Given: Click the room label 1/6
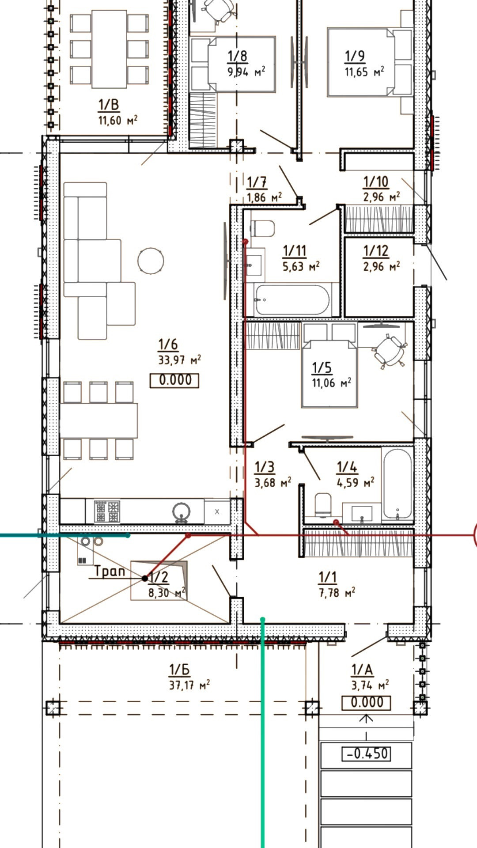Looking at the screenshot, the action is (168, 344).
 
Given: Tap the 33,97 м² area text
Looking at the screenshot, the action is (179, 360).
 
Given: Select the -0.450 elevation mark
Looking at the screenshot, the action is (366, 753).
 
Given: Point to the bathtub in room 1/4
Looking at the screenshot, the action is (397, 484).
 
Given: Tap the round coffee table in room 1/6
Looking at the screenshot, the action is (151, 261).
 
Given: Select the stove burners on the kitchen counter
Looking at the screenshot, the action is (107, 511).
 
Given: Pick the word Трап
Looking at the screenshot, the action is (110, 572).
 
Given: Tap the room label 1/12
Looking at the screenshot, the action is (376, 251).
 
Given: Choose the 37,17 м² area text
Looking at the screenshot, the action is (189, 685).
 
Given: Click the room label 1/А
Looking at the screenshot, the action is (362, 670).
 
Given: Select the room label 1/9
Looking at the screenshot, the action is (355, 56).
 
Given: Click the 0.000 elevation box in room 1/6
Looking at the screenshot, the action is (174, 380).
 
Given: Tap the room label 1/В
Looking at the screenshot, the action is (109, 105).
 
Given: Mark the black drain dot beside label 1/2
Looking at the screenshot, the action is (145, 578).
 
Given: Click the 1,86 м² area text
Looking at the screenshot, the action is (264, 197).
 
